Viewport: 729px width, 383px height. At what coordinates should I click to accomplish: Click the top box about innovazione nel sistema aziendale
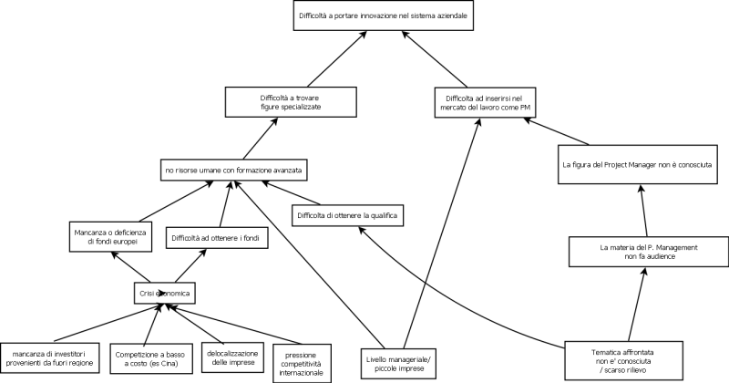click(x=386, y=16)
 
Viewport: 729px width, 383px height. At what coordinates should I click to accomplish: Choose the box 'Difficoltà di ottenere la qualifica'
click(x=346, y=215)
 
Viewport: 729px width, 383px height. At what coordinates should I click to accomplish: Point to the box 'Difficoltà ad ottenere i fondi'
click(x=210, y=240)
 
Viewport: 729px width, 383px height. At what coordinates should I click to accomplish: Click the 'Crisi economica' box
click(x=160, y=294)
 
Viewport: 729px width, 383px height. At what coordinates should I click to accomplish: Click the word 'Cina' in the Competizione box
click(x=167, y=362)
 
